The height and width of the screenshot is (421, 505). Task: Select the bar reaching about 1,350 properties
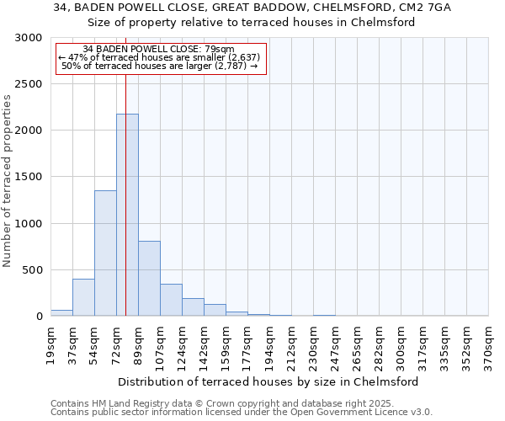(105, 253)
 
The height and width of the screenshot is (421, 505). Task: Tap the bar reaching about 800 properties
(149, 278)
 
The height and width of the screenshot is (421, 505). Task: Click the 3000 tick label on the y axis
(29, 38)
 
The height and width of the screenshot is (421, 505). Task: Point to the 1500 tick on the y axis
(29, 177)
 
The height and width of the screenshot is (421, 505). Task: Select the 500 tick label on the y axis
(33, 270)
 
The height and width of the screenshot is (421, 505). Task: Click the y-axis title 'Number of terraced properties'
(8, 181)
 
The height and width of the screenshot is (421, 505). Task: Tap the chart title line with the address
(252, 8)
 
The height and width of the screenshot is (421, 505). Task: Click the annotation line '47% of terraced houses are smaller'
(160, 57)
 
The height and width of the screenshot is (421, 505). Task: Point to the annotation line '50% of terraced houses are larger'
(160, 66)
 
